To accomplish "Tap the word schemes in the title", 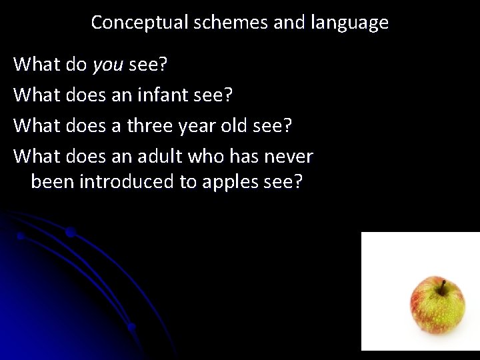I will point(229,23).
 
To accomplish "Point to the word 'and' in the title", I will point(289,23).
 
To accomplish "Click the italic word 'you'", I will point(108,65).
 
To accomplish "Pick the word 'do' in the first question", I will point(77,64).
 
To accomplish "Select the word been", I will point(53,182).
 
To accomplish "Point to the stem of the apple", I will point(441,287).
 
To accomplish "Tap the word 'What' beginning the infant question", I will point(37,95).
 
